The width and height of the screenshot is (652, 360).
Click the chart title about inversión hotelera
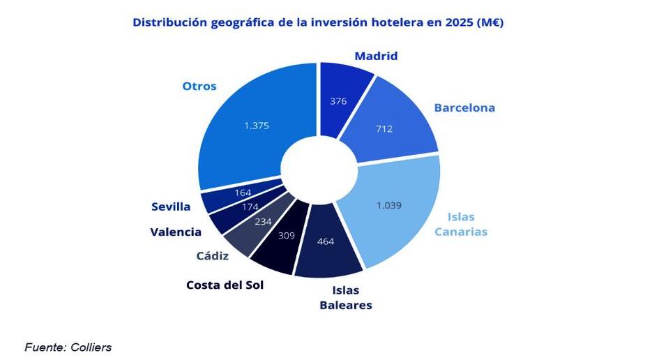(318, 22)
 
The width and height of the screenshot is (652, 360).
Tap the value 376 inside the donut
(338, 100)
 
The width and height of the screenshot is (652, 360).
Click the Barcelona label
(464, 107)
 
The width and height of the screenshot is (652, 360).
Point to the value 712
(384, 128)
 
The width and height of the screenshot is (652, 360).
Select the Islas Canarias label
(461, 224)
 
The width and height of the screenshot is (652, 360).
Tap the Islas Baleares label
(346, 299)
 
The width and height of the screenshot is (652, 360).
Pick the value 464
(326, 241)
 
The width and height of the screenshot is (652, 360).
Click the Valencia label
(176, 232)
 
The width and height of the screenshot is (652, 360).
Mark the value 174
(250, 207)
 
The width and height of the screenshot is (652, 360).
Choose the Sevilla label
(171, 207)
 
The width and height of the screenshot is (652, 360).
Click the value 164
(243, 192)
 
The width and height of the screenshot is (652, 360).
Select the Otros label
(199, 87)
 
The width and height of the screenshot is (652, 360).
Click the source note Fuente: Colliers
(68, 347)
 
